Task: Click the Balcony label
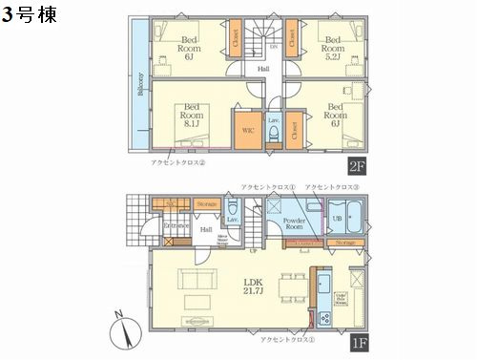coord(140,85)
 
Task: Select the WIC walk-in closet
coord(247,130)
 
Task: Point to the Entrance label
coord(173,225)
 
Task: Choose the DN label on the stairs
coord(273,45)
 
